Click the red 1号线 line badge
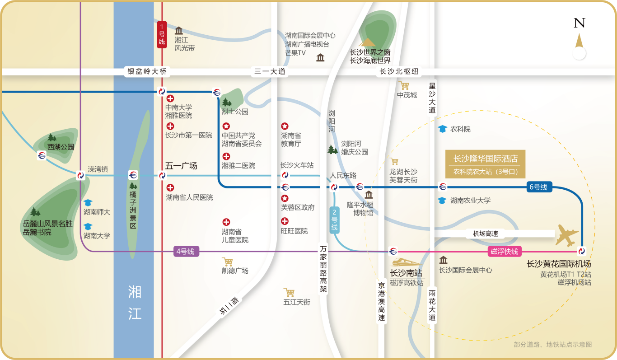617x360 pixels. coord(162,34)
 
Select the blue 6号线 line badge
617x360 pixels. coord(538,187)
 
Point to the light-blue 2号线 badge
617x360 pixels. coord(334,220)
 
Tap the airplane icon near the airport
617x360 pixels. coord(567,235)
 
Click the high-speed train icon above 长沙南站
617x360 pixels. coord(406,262)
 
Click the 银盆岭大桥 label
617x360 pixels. coord(147,71)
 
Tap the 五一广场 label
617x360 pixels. coord(181,166)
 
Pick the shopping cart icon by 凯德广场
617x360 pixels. coord(228,262)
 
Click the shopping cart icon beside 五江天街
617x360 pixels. coord(289,292)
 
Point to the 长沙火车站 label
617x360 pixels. coord(297,165)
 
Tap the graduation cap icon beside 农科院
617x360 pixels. coord(442,129)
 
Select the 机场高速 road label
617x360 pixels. coord(485,234)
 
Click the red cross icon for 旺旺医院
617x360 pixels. coord(285,221)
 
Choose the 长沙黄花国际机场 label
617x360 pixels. coord(559,264)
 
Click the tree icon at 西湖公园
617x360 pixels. coord(52,137)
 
